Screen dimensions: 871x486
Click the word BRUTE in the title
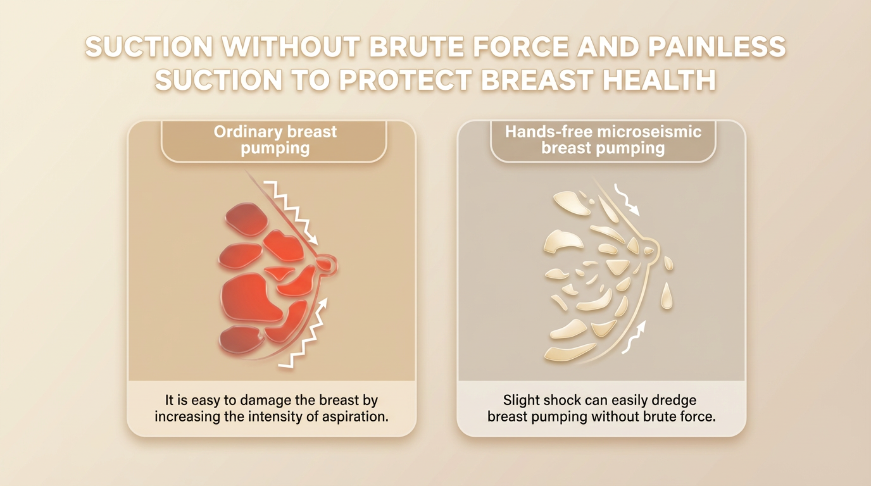[416, 47]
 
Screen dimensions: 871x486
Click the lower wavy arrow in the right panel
[634, 337]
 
